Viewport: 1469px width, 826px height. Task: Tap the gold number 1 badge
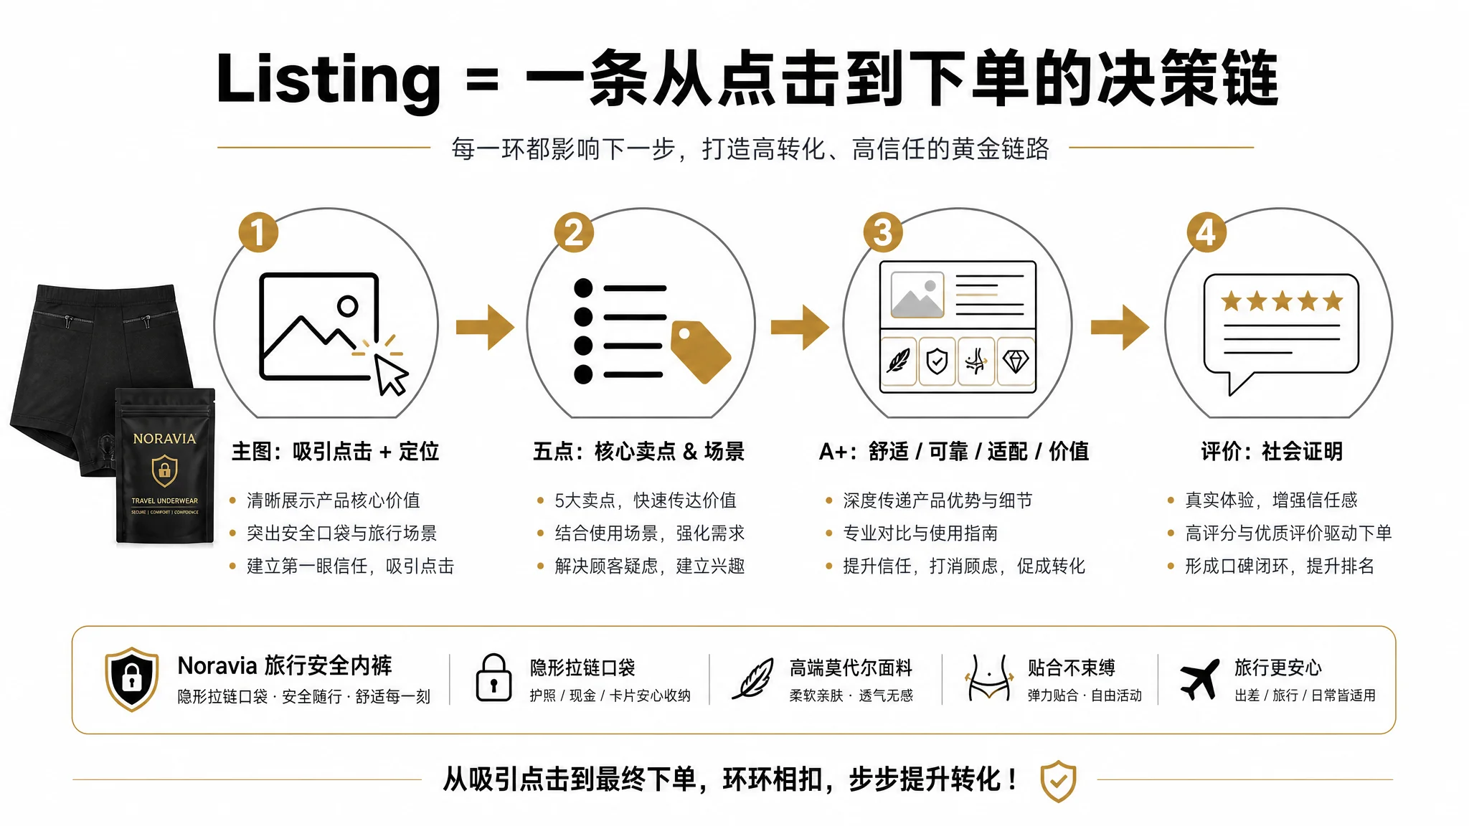[x=258, y=232]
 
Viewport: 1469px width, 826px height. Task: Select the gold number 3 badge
[x=883, y=232]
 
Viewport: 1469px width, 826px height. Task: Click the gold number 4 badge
[x=1206, y=232]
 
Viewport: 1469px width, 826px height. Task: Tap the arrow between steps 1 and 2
[x=486, y=327]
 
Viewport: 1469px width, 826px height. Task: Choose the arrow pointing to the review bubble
[x=1120, y=327]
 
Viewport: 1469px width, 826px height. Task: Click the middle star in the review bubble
[x=1282, y=301]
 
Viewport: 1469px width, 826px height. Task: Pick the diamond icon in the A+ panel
[x=1016, y=361]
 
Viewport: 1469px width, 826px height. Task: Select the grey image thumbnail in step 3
[x=917, y=295]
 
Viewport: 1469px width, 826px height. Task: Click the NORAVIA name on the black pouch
[x=164, y=439]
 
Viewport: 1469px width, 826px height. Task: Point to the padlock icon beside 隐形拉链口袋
[x=493, y=678]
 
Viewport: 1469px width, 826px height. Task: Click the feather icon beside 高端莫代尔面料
[x=752, y=678]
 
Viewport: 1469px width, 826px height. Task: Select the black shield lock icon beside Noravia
[x=132, y=679]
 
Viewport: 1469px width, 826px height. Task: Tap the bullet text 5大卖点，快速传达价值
[x=646, y=500]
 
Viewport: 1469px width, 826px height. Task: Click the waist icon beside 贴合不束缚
[x=989, y=678]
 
